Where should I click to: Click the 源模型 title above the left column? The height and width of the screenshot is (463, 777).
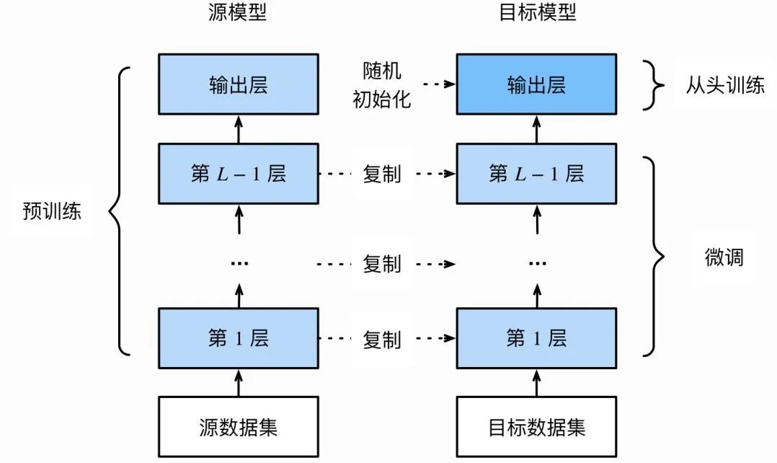click(x=238, y=12)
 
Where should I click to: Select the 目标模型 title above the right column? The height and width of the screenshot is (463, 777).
click(x=536, y=12)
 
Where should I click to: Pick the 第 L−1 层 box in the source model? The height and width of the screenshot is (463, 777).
click(x=238, y=174)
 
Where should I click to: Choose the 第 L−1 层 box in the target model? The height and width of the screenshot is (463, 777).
click(x=536, y=174)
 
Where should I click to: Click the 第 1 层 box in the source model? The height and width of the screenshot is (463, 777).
click(x=238, y=337)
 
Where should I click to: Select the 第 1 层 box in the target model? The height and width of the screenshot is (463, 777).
click(x=536, y=337)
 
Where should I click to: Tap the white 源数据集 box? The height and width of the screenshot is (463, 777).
click(x=238, y=426)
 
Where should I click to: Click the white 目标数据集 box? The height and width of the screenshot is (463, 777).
click(x=536, y=426)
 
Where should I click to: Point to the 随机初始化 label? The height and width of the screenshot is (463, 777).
click(x=381, y=85)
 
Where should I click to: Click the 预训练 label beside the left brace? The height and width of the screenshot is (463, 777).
click(x=52, y=213)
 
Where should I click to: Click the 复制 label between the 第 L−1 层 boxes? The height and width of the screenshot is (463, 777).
click(x=381, y=175)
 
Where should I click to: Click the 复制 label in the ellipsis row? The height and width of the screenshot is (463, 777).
click(x=381, y=264)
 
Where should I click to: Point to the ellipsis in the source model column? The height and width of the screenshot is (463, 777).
click(x=239, y=264)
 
